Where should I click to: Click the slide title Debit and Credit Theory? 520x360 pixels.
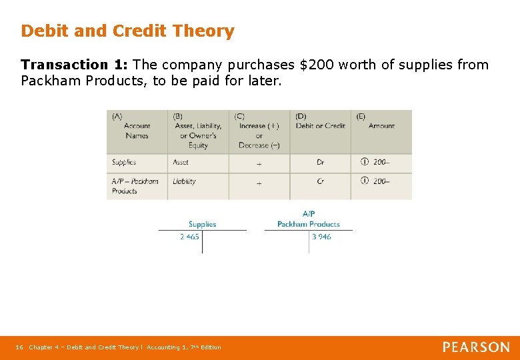[x=127, y=31]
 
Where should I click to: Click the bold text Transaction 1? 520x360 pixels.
[x=75, y=65]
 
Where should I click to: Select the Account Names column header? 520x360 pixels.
[x=136, y=130]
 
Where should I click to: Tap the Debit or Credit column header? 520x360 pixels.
[x=320, y=125]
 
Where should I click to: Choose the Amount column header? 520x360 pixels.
[x=381, y=125]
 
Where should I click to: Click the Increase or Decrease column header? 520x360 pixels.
[x=259, y=135]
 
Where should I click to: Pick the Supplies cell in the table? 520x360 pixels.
[x=124, y=162]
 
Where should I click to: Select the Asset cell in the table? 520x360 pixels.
[x=181, y=162]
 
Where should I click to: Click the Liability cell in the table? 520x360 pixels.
[x=184, y=181]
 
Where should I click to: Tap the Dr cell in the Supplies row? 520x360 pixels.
[x=320, y=163]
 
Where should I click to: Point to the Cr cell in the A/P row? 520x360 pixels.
[x=320, y=181]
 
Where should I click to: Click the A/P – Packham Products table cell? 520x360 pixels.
[x=135, y=186]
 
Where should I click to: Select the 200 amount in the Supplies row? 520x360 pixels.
[x=380, y=162]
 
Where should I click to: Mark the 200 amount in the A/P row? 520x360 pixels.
[x=380, y=181]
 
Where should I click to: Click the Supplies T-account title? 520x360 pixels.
[x=202, y=225]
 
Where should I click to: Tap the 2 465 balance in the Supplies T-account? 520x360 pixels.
[x=189, y=237]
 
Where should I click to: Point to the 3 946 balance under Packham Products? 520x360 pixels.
[x=321, y=237]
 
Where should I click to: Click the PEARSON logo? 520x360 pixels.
[x=476, y=347]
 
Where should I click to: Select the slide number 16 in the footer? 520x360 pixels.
[x=19, y=347]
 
